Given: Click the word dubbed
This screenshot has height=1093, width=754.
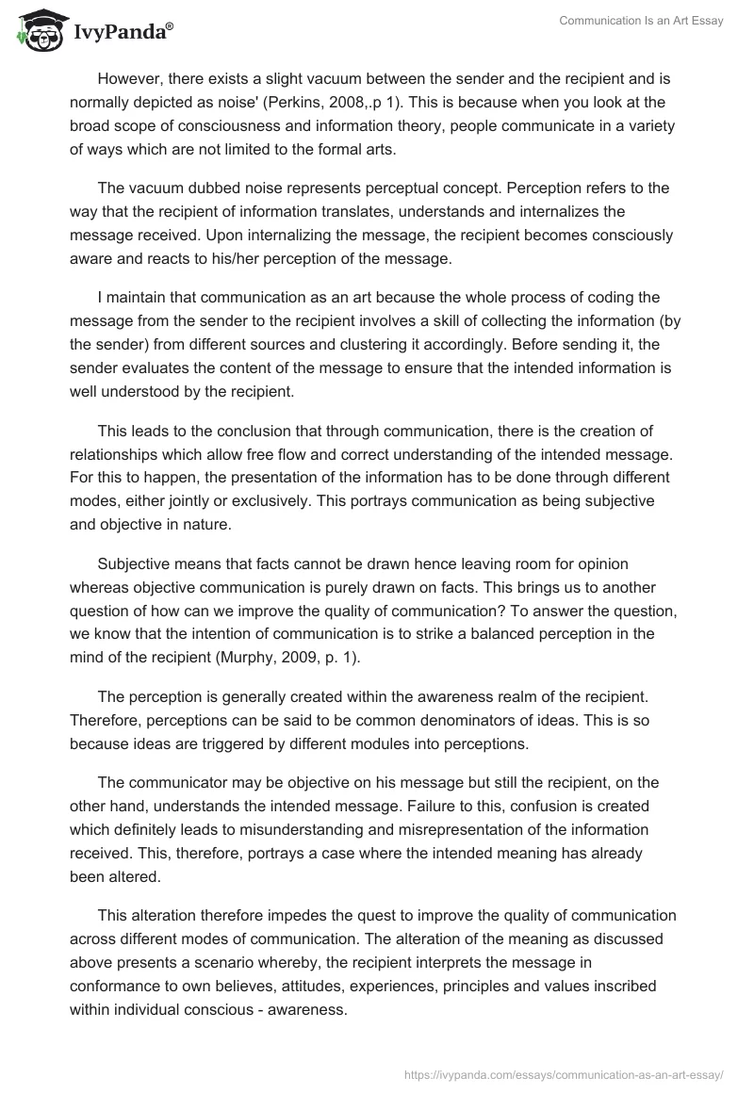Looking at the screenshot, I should pyautogui.click(x=208, y=188).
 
